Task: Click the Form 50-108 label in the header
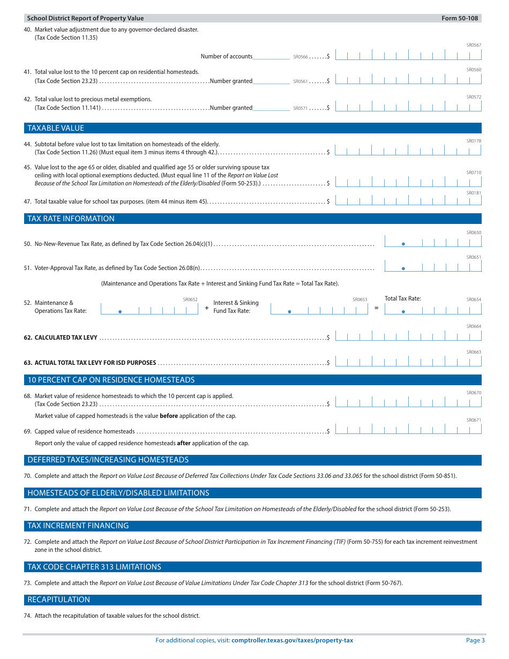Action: (x=460, y=18)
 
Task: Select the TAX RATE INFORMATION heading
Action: (x=71, y=219)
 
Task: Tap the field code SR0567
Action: (x=474, y=45)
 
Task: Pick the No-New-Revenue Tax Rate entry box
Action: (x=433, y=242)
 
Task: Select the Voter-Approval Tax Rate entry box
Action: (x=433, y=267)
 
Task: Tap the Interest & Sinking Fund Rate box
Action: (x=319, y=309)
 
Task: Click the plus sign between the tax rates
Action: (x=207, y=308)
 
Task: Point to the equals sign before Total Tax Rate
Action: (x=376, y=308)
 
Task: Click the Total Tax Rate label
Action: (x=403, y=298)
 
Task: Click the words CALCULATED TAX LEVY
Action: (x=66, y=338)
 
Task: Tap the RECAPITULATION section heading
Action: (x=59, y=600)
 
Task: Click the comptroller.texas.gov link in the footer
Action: (x=292, y=640)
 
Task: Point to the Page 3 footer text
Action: (x=475, y=640)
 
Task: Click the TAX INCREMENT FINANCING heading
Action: (x=78, y=526)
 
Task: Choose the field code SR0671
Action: (x=474, y=420)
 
